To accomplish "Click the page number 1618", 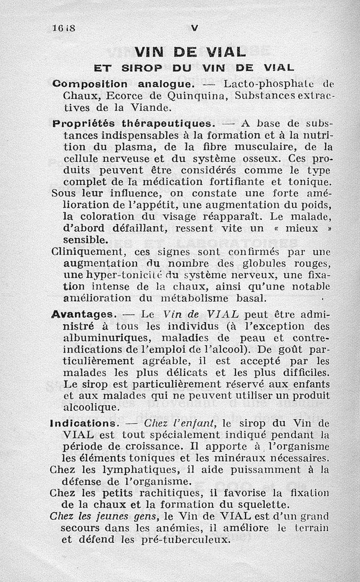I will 63,27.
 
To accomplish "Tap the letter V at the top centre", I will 194,28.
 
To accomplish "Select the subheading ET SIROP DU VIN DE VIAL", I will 193,68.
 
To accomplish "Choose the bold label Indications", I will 84,423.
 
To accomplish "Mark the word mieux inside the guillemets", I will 301,228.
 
